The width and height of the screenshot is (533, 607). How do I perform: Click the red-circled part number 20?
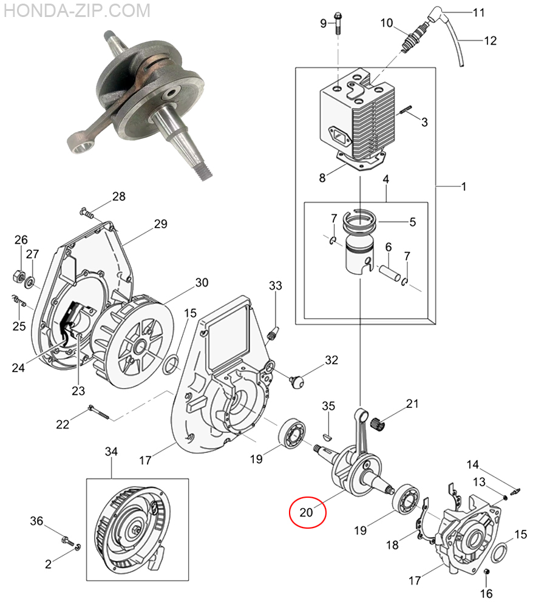[x=306, y=512]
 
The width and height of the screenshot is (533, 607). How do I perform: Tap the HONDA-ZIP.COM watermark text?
[x=76, y=10]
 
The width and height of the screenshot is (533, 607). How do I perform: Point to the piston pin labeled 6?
[x=389, y=273]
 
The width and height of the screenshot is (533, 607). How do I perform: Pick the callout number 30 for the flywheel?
[x=202, y=282]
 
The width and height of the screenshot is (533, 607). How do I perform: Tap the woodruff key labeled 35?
[x=327, y=437]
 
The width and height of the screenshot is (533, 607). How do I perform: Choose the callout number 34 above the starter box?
[x=112, y=452]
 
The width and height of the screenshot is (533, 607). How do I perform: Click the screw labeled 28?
[x=87, y=212]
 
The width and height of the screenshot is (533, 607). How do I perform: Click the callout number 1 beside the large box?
[x=463, y=186]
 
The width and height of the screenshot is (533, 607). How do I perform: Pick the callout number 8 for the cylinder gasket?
[x=322, y=178]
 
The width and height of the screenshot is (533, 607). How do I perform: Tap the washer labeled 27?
[x=29, y=283]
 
